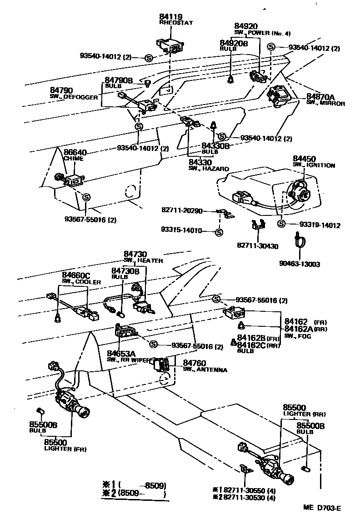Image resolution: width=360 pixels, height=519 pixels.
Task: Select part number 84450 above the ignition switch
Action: pos(304,159)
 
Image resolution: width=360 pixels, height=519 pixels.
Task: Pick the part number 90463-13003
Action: pos(299,264)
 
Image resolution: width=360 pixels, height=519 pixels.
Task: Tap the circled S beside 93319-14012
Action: pos(281,224)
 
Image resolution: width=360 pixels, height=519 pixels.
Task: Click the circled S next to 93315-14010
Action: pos(219,233)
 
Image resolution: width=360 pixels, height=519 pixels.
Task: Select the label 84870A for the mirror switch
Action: pos(320,97)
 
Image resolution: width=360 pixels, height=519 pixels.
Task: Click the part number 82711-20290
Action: pos(182,210)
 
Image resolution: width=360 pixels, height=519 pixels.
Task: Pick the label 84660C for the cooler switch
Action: pos(76,275)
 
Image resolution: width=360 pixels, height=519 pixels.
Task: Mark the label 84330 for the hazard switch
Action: pos(200,162)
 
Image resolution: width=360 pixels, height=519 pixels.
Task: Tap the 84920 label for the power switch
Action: pos(246,26)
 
